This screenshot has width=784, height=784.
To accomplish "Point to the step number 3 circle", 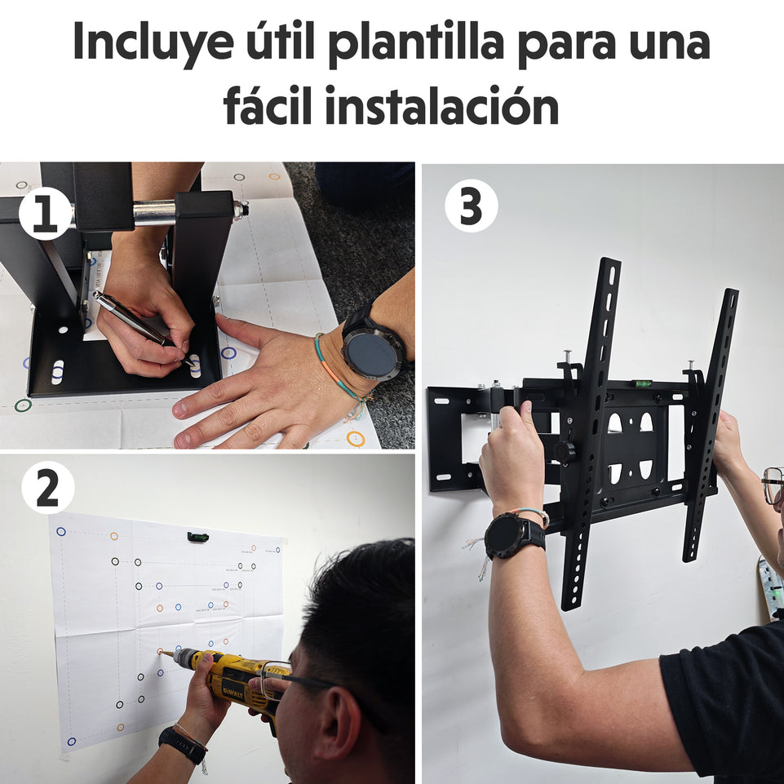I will pos(471,206).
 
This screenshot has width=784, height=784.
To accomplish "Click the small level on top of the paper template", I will pos(197,537).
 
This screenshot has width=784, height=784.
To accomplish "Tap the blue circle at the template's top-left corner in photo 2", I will pos(60,531).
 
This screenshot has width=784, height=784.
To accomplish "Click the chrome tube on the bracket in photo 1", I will pos(155,212).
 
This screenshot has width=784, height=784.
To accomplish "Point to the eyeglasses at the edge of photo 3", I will pos(773,485).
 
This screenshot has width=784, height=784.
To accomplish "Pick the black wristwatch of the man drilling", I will pos(182,745).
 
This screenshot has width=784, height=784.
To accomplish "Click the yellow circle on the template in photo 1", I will pos(355,438).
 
